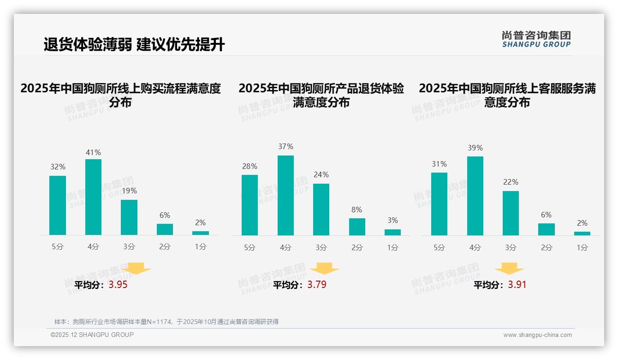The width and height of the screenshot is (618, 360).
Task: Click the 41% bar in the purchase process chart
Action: click(x=93, y=197)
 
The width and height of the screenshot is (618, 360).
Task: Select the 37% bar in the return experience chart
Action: click(x=285, y=195)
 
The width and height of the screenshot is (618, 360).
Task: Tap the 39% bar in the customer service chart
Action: click(x=475, y=196)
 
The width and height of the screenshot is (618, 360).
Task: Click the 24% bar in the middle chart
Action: click(x=321, y=210)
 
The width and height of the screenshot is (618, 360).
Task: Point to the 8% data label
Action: click(x=357, y=210)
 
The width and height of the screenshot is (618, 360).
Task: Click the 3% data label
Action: click(x=392, y=221)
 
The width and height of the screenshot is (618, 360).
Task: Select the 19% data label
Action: click(x=129, y=191)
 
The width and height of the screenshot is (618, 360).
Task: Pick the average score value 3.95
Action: click(x=118, y=285)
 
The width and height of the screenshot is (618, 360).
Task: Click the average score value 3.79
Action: click(x=317, y=285)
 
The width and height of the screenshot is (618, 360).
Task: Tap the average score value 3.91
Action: click(x=517, y=285)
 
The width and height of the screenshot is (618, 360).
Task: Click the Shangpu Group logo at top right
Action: click(x=536, y=39)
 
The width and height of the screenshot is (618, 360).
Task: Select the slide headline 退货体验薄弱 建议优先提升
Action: click(x=134, y=45)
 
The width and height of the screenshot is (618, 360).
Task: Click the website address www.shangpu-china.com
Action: click(x=537, y=335)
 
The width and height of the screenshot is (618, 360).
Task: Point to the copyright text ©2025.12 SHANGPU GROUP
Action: click(x=92, y=335)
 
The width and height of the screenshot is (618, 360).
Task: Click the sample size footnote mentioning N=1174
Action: click(x=166, y=322)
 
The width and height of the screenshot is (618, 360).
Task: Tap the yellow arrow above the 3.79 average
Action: click(x=324, y=269)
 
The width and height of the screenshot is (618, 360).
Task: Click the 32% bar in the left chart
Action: click(x=58, y=205)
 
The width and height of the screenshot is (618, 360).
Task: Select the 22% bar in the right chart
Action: click(x=511, y=213)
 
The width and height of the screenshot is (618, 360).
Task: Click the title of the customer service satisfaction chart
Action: click(x=507, y=95)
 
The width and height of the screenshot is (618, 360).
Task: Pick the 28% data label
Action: click(x=250, y=166)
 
